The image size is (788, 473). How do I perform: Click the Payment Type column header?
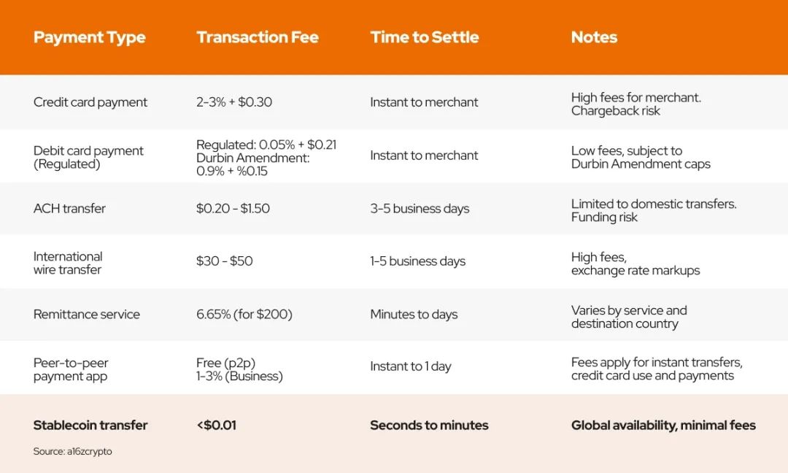pos(90,38)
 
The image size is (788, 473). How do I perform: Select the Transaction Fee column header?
pos(258,37)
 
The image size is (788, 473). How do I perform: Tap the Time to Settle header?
pos(425,37)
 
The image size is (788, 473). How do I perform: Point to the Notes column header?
pos(594,37)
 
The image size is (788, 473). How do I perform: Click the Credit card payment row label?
pos(90,102)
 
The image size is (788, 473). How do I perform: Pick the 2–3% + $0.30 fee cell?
pos(234,102)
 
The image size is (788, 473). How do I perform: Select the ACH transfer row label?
pos(69,209)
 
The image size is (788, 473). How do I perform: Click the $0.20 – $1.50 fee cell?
pos(233,209)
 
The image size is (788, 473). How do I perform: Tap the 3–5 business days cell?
pos(420,209)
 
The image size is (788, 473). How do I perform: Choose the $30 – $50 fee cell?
pos(224,261)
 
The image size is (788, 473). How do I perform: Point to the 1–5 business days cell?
pos(417,261)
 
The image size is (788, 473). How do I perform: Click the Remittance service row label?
pos(86,315)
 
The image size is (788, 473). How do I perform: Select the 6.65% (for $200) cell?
pos(244,315)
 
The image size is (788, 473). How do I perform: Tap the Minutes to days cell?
pos(414,315)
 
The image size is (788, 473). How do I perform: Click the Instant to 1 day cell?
pos(411,366)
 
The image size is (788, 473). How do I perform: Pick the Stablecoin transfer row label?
pos(90,426)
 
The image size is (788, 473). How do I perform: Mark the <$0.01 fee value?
pos(217,426)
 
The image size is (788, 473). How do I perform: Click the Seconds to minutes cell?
pos(429,426)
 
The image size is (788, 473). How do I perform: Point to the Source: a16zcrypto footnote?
pos(72,451)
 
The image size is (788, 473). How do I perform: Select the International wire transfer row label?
pos(68,263)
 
